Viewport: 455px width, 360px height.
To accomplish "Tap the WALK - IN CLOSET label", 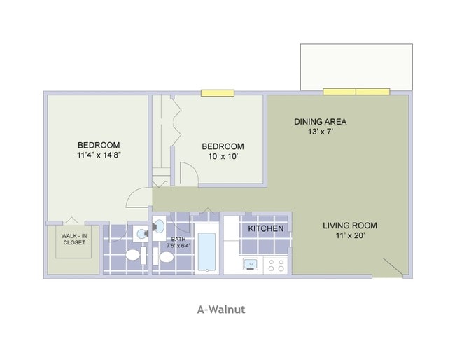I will [73, 240].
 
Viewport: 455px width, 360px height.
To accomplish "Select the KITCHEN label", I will [266, 228].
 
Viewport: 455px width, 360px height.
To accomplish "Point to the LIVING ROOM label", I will [350, 226].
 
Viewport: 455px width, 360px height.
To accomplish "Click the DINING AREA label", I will [320, 121].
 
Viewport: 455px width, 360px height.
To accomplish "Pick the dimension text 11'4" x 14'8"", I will [99, 155].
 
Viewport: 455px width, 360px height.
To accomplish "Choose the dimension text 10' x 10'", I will [223, 156].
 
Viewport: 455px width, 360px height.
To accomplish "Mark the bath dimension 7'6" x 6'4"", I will [178, 246].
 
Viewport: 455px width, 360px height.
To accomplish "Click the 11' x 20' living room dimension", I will [350, 236].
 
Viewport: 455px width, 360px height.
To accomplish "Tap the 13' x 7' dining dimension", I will [320, 132].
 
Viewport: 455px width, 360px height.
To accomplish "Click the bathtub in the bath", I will [206, 251].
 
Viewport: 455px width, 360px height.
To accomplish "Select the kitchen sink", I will [250, 265].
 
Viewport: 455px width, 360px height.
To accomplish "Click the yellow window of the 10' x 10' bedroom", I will [217, 92].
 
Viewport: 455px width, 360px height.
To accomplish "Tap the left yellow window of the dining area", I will [339, 91].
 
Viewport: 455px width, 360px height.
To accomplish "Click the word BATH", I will [178, 239].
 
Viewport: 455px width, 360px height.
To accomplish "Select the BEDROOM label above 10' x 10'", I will [223, 146].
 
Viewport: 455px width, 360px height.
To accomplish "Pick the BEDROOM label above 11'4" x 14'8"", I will [99, 145].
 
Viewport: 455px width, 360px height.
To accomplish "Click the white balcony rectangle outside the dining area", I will [356, 67].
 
